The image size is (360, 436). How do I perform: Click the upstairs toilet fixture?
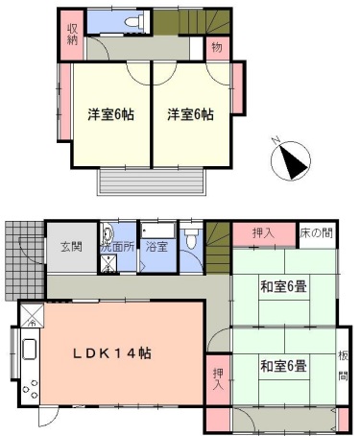(x=133, y=22)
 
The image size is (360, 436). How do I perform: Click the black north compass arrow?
(x=290, y=161)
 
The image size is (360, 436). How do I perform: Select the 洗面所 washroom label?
(x=120, y=247)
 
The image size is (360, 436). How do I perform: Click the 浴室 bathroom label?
(x=156, y=247)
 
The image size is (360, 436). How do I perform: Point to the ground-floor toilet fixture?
(x=192, y=240)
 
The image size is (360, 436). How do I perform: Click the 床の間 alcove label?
(x=317, y=233)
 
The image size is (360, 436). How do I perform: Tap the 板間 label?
(x=343, y=364)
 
